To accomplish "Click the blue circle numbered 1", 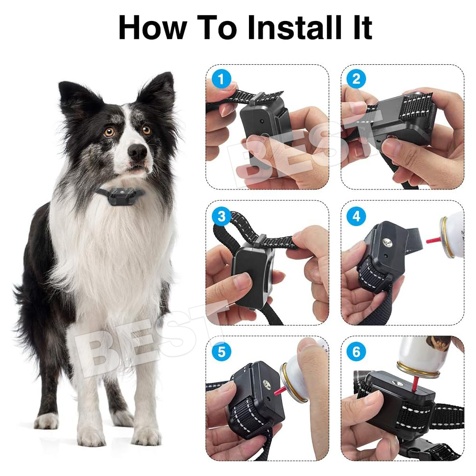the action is point(221,79).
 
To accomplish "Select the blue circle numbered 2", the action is point(356,79).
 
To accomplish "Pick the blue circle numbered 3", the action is point(221,216).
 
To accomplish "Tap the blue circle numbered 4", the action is point(356,216).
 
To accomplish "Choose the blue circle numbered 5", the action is point(221,352).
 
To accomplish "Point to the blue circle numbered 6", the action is point(356,352).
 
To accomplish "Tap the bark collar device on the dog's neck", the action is point(120,196).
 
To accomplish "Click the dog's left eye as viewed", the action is point(109,132).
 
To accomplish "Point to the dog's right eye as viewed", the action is point(146,130).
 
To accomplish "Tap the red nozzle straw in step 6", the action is point(414,384).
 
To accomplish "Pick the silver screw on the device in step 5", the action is point(267,384).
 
